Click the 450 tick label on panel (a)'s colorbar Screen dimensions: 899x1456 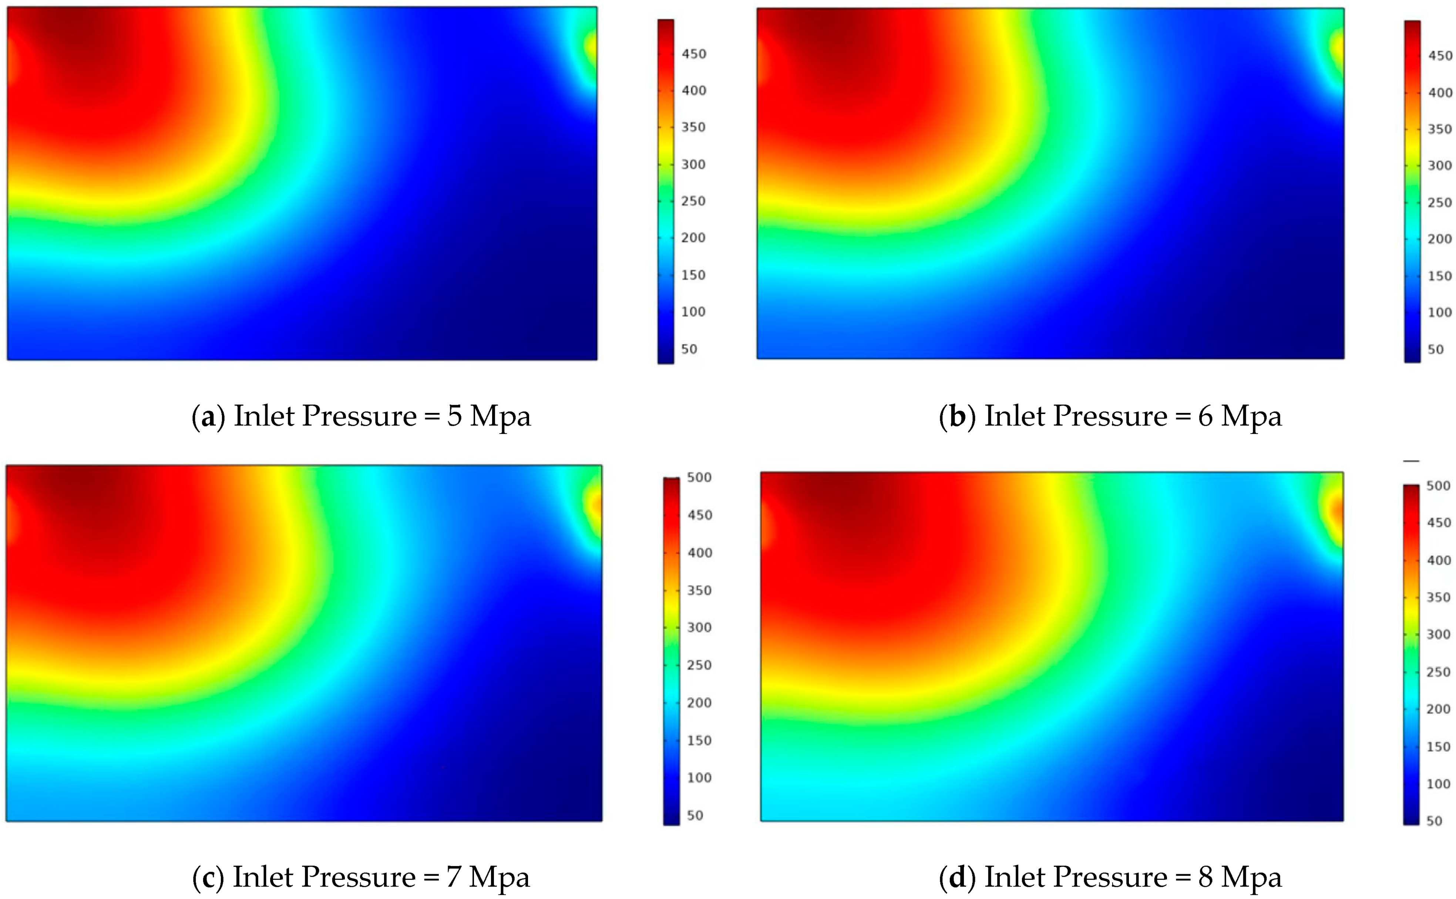693,54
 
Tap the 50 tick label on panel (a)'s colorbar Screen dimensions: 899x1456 689,349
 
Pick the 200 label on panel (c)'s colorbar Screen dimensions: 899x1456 699,703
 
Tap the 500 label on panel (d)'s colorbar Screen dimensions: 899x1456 1438,486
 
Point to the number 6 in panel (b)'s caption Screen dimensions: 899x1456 1205,416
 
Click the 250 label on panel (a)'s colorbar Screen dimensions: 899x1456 693,201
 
